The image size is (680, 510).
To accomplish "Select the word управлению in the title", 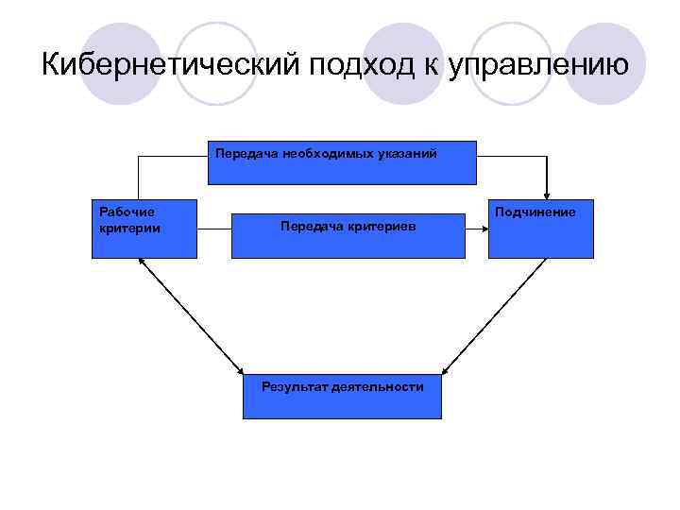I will [x=542, y=66].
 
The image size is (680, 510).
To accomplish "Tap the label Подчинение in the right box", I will [x=535, y=212].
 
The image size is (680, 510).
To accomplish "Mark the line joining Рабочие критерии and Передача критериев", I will [x=214, y=228].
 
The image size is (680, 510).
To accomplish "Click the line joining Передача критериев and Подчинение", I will [x=477, y=228].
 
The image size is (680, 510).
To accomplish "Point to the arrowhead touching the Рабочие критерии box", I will [x=142, y=263].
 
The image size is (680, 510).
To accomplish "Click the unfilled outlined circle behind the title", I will [x=217, y=64].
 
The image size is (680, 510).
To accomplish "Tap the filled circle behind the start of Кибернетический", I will [x=117, y=64].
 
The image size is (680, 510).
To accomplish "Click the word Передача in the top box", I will [x=242, y=153].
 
